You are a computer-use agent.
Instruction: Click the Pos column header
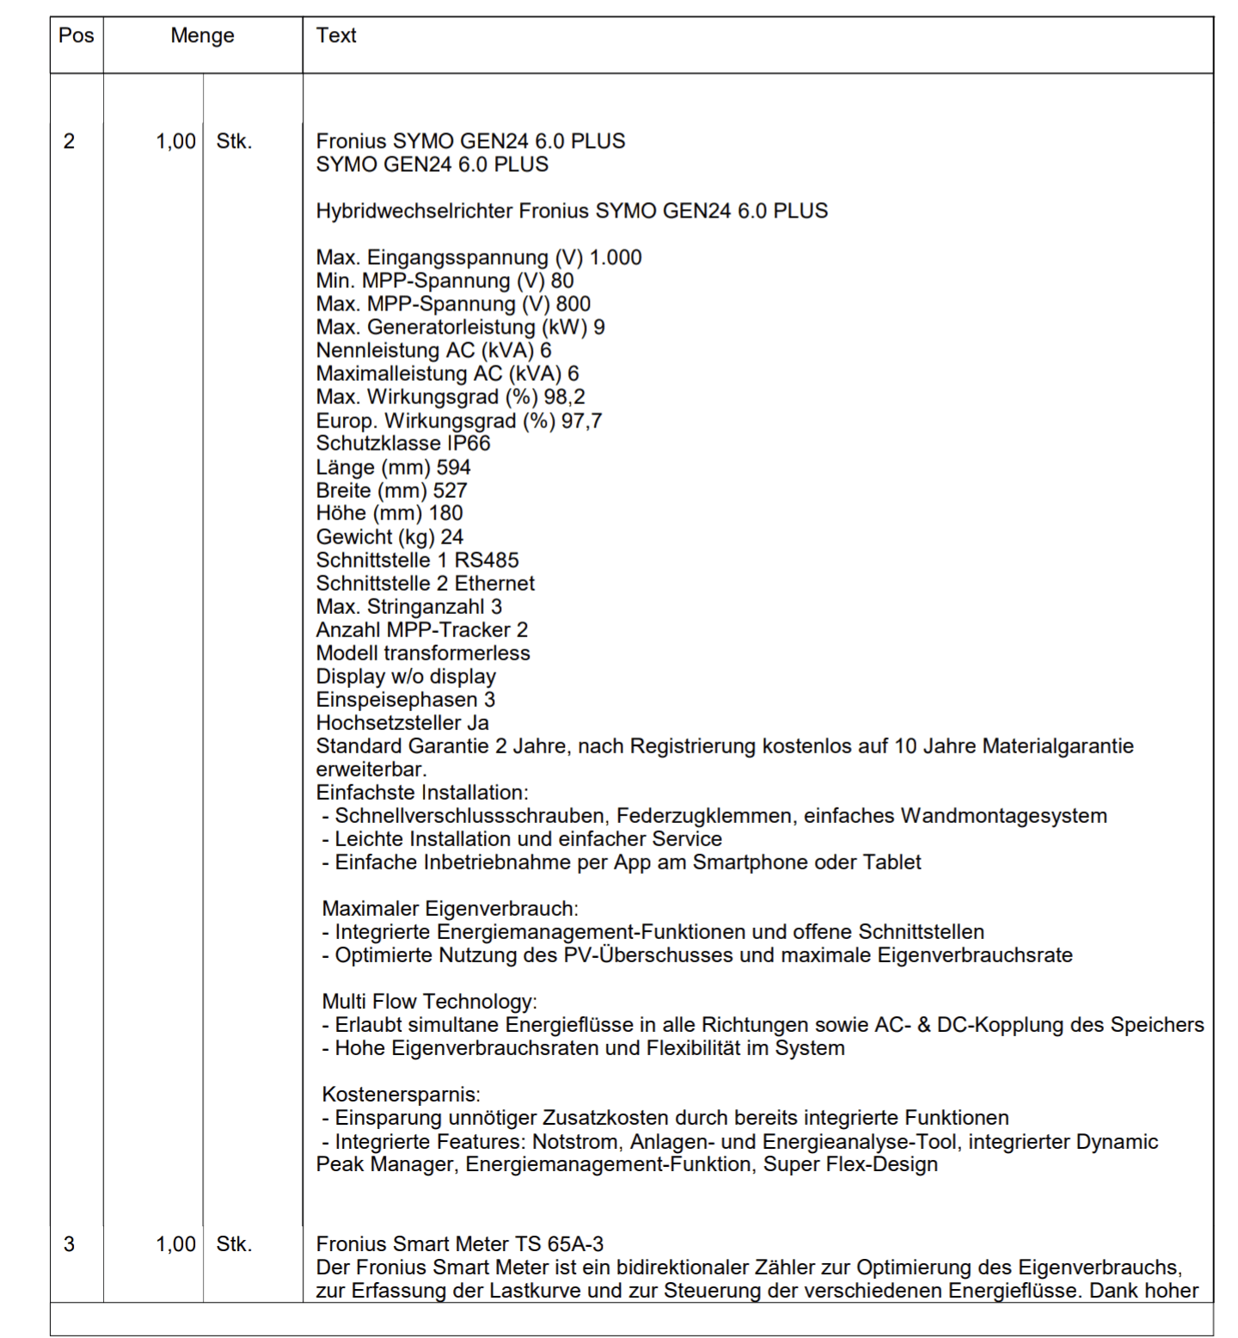[76, 36]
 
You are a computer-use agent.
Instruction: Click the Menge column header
[202, 36]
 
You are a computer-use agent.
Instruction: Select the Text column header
[335, 36]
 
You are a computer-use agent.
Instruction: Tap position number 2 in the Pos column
[70, 141]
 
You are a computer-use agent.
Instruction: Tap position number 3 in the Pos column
[70, 1244]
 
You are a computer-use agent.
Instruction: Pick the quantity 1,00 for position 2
[175, 141]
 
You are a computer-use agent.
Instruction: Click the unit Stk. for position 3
[234, 1244]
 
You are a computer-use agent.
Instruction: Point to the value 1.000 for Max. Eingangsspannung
[616, 258]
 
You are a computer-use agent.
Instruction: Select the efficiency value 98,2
[564, 397]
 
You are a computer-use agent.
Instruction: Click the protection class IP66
[469, 444]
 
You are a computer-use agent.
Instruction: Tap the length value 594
[453, 468]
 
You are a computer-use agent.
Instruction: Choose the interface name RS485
[487, 561]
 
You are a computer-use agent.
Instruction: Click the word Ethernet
[494, 584]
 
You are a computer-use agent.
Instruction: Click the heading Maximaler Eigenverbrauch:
[450, 909]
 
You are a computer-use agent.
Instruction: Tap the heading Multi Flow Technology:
[429, 1002]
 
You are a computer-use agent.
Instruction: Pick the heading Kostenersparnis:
[401, 1095]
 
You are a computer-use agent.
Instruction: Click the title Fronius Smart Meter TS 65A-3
[459, 1244]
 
